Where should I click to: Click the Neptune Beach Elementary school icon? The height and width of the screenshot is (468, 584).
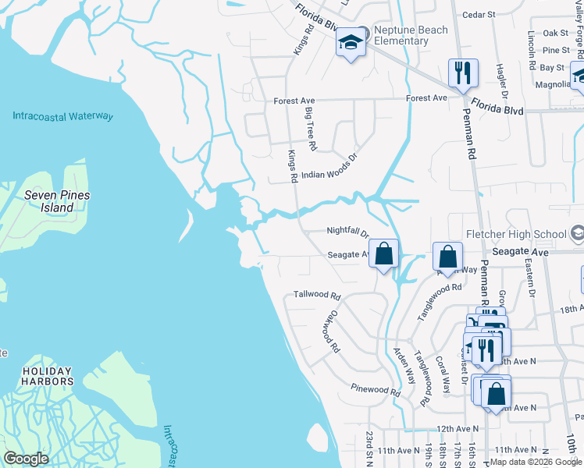(x=351, y=42)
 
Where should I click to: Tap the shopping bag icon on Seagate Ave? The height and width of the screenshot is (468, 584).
(x=383, y=253)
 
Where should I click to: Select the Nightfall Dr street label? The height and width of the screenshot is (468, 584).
(x=347, y=232)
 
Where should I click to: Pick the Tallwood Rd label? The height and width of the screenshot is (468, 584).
(x=317, y=296)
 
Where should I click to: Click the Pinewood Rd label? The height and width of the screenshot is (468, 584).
(x=375, y=388)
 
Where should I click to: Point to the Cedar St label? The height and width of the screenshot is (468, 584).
(x=479, y=14)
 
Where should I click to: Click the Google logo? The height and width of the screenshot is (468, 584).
(x=27, y=459)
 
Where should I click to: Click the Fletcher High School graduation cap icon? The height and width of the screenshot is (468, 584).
(x=577, y=233)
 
